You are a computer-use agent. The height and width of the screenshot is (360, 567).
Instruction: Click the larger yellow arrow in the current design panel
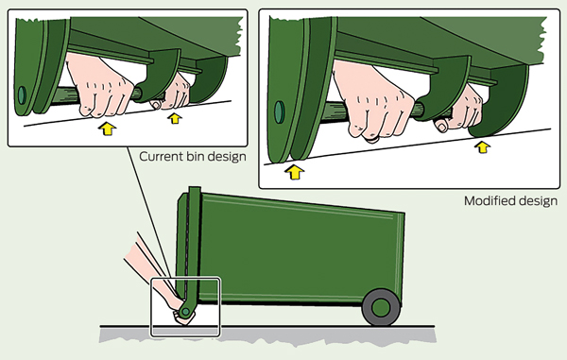point(107,129)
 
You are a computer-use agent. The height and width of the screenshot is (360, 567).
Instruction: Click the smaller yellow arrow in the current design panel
point(175,118)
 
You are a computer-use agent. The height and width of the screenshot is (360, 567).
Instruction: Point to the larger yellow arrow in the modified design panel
point(295,172)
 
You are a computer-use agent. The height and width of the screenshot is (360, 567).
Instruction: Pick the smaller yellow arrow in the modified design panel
point(482,147)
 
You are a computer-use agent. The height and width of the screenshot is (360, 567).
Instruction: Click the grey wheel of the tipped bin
point(381,308)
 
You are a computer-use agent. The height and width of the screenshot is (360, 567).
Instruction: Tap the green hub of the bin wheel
point(381,308)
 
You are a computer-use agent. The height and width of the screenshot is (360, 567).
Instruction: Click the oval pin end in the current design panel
point(22,95)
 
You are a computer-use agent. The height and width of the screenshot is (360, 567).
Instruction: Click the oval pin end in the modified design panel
point(279,111)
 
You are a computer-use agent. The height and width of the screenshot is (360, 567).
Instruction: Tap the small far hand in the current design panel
point(173,94)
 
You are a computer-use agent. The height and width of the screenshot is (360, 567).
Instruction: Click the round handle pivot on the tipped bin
point(185,311)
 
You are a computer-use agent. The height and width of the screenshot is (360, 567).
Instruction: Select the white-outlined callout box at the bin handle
point(185,307)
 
